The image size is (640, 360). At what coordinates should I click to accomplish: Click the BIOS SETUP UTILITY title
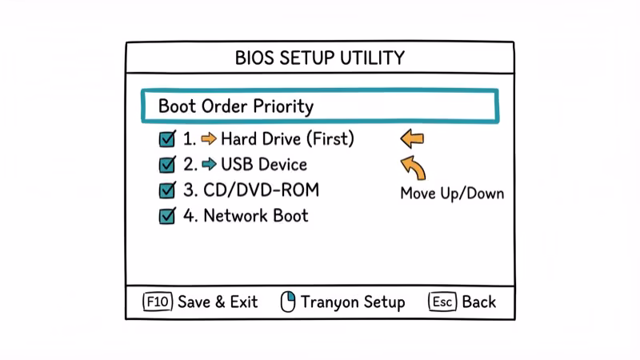point(319,58)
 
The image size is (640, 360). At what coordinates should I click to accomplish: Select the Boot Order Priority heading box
point(319,106)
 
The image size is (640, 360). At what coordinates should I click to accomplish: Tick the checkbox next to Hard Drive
point(167,139)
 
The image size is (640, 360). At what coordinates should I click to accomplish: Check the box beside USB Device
point(167,165)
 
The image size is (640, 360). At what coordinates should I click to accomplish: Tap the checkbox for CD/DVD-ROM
point(167,190)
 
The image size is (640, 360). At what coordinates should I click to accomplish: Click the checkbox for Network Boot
point(167,216)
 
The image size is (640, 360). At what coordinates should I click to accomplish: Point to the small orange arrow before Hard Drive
point(209,139)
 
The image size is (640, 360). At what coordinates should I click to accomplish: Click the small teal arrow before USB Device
point(209,165)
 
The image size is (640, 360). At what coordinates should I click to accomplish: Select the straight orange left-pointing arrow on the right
point(412,140)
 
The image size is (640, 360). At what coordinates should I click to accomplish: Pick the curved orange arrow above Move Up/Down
point(413,168)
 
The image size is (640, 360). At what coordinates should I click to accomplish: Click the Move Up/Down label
point(452,194)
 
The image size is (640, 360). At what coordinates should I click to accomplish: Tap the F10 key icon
point(158,302)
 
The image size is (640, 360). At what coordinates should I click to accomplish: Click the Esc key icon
point(442,302)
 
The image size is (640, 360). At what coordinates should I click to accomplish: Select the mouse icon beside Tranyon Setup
point(288,302)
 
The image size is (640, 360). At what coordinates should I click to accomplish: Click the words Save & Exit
point(218,302)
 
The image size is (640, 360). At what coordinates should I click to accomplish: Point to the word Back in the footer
point(478,302)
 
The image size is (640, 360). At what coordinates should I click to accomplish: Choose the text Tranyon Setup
point(353,302)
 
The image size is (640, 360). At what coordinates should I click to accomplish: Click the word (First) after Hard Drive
point(329,139)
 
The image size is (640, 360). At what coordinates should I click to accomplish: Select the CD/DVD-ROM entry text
point(250,190)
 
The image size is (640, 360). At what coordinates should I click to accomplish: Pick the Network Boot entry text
point(255,216)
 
